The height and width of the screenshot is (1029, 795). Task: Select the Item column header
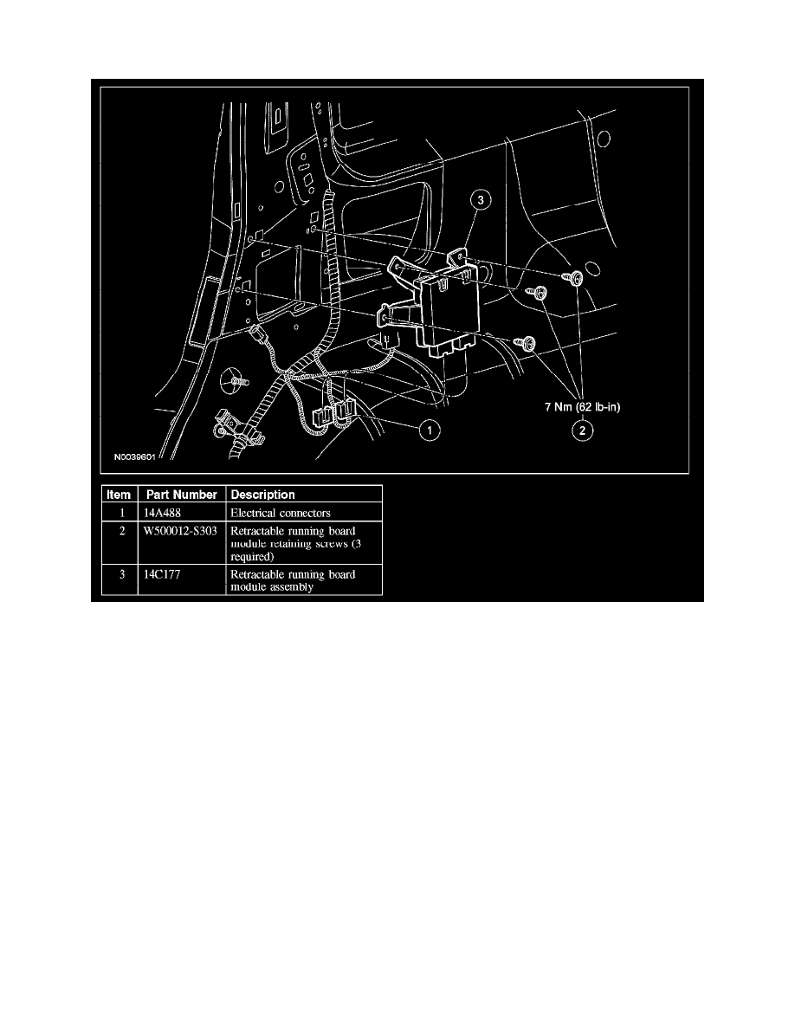[119, 495]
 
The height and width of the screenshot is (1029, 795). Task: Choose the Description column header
[262, 495]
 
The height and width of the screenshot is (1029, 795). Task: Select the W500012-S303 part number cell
[180, 530]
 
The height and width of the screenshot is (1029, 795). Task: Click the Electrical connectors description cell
[280, 513]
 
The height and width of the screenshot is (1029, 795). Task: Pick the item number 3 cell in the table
[119, 574]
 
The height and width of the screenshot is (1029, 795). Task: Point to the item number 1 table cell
[119, 513]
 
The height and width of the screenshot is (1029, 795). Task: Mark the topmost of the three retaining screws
[574, 278]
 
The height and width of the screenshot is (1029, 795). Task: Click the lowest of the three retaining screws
[526, 343]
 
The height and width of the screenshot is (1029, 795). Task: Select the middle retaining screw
[536, 293]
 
